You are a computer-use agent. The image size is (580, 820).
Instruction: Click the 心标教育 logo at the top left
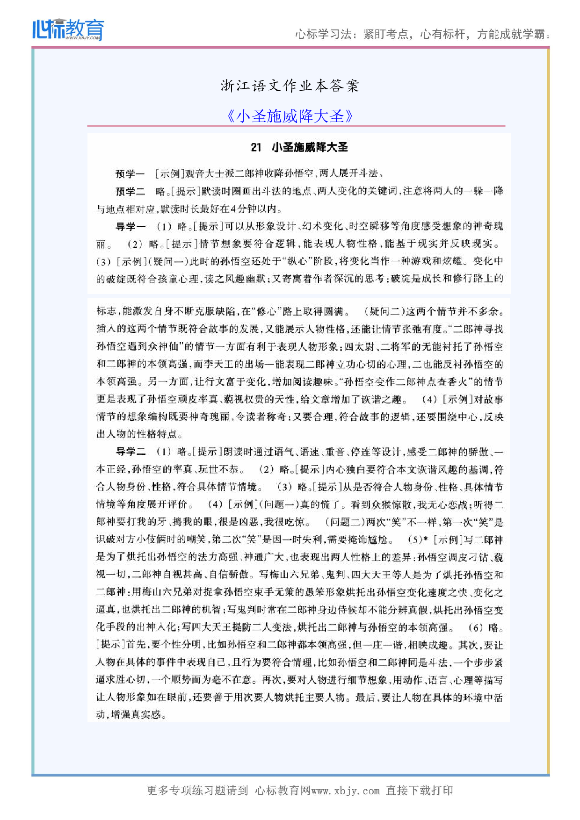pos(68,29)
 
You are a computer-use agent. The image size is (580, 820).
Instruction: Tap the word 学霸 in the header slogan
pos(536,34)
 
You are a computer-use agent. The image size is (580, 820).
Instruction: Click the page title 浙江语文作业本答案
pos(290,86)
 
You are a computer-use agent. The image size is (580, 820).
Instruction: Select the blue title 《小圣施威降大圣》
pos(290,116)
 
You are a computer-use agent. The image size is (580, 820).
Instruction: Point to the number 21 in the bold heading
pos(256,147)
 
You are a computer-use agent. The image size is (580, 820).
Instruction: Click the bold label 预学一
pos(130,174)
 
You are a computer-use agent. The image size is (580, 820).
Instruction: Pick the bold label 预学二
pos(130,191)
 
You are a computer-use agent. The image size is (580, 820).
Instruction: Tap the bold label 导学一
pos(130,227)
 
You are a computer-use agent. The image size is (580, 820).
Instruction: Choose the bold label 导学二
pos(131,452)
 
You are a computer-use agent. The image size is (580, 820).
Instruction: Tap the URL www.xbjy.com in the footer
pos(345,791)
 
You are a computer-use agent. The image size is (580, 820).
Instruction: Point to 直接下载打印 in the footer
pos(419,791)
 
